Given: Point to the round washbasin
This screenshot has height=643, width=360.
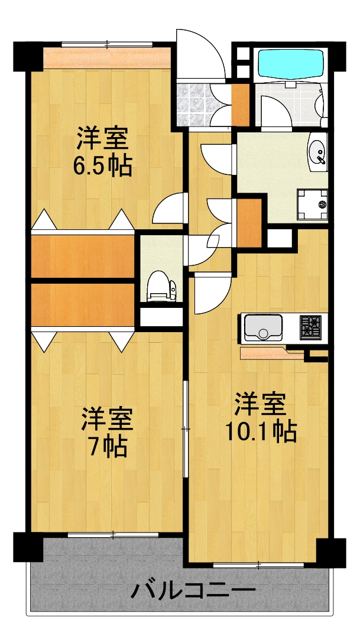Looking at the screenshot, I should [318, 151].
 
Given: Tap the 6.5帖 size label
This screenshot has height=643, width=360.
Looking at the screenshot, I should [102, 167].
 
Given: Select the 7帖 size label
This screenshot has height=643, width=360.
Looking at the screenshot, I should [106, 447].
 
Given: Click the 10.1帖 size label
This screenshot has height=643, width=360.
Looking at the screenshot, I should [260, 433].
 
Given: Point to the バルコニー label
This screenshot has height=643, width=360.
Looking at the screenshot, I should [193, 590].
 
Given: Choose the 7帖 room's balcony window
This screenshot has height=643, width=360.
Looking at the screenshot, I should [112, 534].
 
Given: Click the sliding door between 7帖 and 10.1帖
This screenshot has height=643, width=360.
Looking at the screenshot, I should [185, 427].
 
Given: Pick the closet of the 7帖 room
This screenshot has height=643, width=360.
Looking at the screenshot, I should [83, 304].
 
